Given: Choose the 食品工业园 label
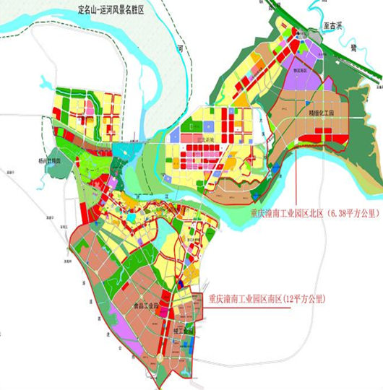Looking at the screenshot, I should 142,307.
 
